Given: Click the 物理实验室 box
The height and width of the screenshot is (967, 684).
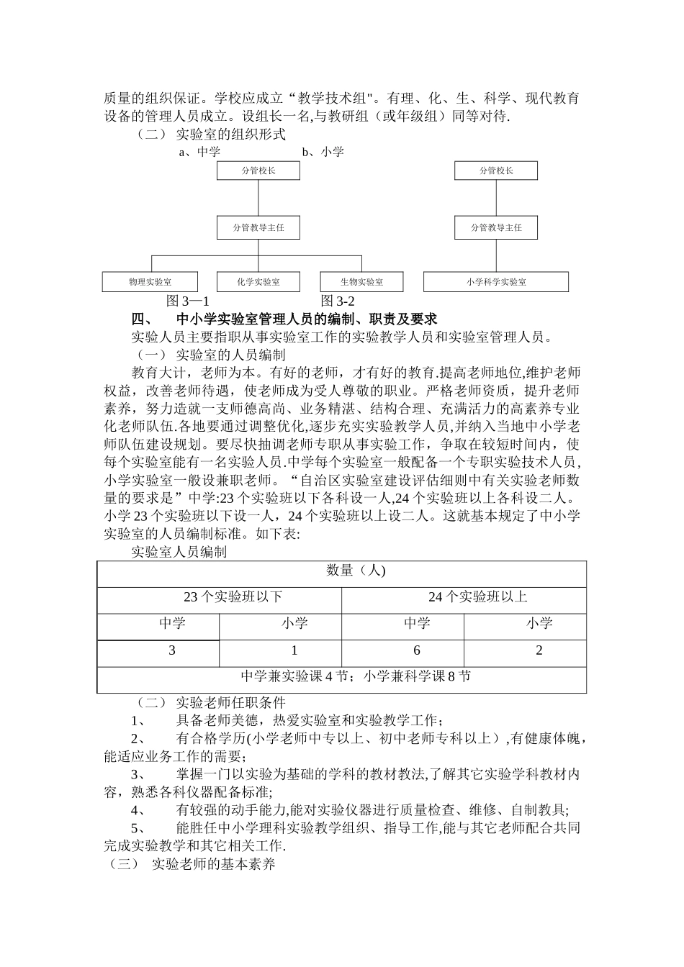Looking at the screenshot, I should (x=150, y=282).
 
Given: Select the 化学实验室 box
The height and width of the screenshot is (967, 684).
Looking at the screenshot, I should (x=258, y=282).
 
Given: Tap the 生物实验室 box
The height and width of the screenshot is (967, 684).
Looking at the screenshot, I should (x=361, y=282).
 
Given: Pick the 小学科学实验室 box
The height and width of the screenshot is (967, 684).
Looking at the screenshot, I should (x=496, y=282).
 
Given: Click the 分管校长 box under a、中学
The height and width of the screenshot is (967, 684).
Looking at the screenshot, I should (x=258, y=171).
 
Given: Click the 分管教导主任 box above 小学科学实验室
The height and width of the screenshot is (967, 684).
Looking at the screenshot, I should (x=496, y=227).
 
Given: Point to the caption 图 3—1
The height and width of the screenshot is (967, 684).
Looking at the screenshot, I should (x=187, y=301).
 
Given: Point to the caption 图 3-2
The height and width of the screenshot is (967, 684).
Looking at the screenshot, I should (x=338, y=301).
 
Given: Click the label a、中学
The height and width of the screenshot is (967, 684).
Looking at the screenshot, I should (x=199, y=152).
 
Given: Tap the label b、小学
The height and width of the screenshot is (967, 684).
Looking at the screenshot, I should (x=323, y=152).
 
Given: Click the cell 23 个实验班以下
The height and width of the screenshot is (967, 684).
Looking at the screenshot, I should (x=233, y=596).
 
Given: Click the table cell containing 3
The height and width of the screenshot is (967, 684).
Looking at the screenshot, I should (x=172, y=650).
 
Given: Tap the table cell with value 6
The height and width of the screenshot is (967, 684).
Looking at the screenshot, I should (x=417, y=650).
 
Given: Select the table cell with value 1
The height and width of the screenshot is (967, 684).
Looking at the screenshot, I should (x=294, y=650).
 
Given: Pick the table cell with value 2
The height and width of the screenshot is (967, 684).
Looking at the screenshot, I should (x=539, y=650).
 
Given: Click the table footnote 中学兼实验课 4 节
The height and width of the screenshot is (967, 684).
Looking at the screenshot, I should (x=296, y=676).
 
